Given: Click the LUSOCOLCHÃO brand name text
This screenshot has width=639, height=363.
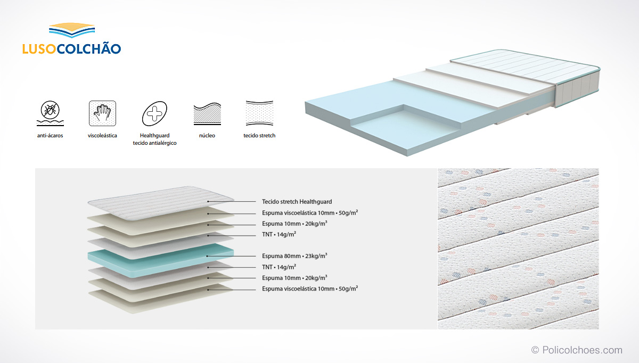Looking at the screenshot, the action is click(x=71, y=48).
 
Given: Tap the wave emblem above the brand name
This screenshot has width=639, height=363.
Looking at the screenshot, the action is click(x=72, y=30).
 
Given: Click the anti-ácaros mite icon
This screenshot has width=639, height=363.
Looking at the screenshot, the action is click(x=50, y=113).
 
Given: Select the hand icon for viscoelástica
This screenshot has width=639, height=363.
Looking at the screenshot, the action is click(x=102, y=113).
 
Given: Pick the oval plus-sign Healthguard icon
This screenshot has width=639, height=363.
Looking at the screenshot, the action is click(x=154, y=113).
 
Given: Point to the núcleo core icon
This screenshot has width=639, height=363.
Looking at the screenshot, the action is click(x=207, y=114).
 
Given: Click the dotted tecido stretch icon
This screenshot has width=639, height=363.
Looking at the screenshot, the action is click(x=260, y=113).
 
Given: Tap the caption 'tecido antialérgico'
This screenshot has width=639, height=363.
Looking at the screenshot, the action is click(x=154, y=143).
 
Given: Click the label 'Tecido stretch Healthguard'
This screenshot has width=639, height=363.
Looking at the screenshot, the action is click(x=297, y=202).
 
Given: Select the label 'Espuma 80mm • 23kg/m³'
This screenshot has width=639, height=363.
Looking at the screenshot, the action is click(x=294, y=256).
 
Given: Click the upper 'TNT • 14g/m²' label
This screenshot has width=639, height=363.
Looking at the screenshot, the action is click(x=279, y=234).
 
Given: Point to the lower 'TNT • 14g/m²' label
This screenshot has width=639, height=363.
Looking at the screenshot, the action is click(x=279, y=267).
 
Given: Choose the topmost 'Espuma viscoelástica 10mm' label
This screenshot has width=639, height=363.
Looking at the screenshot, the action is click(x=310, y=213).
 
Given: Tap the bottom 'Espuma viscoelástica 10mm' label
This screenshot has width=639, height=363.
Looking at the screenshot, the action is click(x=310, y=288).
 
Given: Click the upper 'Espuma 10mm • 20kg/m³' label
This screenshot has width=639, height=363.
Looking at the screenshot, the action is click(x=294, y=224).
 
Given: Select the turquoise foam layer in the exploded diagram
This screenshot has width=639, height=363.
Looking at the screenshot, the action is click(x=161, y=260).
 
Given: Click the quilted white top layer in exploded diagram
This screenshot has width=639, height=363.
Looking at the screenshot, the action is click(x=161, y=203).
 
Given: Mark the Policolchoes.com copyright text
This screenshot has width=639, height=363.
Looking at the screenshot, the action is click(x=577, y=350).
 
